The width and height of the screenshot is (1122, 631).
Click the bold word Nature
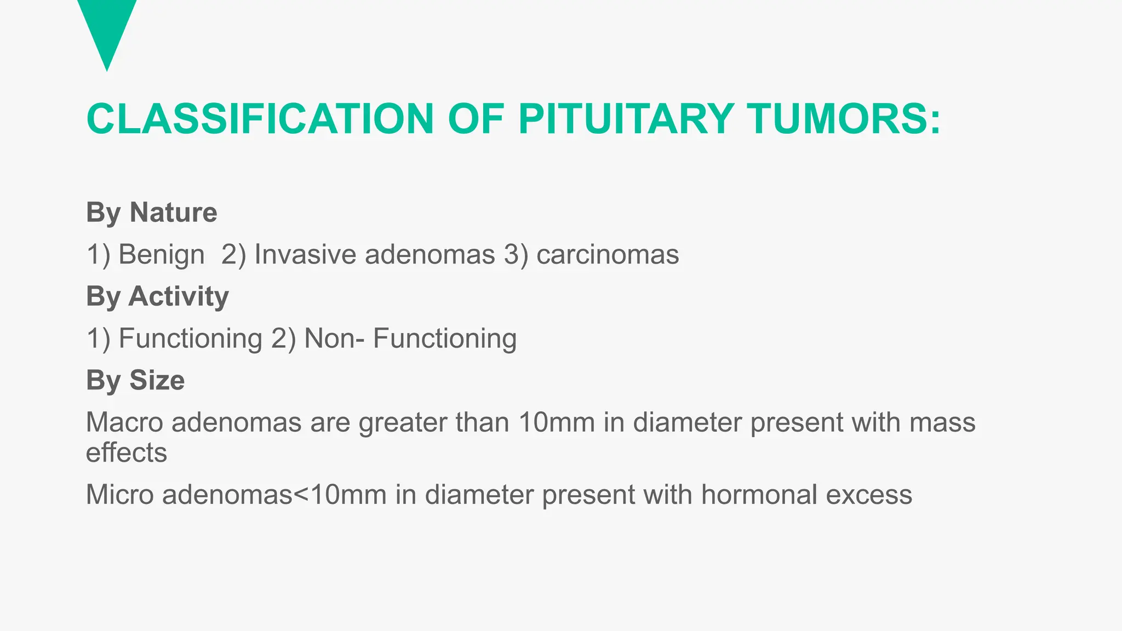(x=173, y=212)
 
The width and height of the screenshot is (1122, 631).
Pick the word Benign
(x=162, y=255)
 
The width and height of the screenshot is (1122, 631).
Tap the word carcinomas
(x=608, y=255)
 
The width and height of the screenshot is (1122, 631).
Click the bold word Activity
(x=179, y=296)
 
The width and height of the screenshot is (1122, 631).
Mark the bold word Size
(x=157, y=380)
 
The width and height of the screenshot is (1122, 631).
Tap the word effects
(x=127, y=452)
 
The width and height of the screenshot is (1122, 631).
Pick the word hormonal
(x=759, y=495)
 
